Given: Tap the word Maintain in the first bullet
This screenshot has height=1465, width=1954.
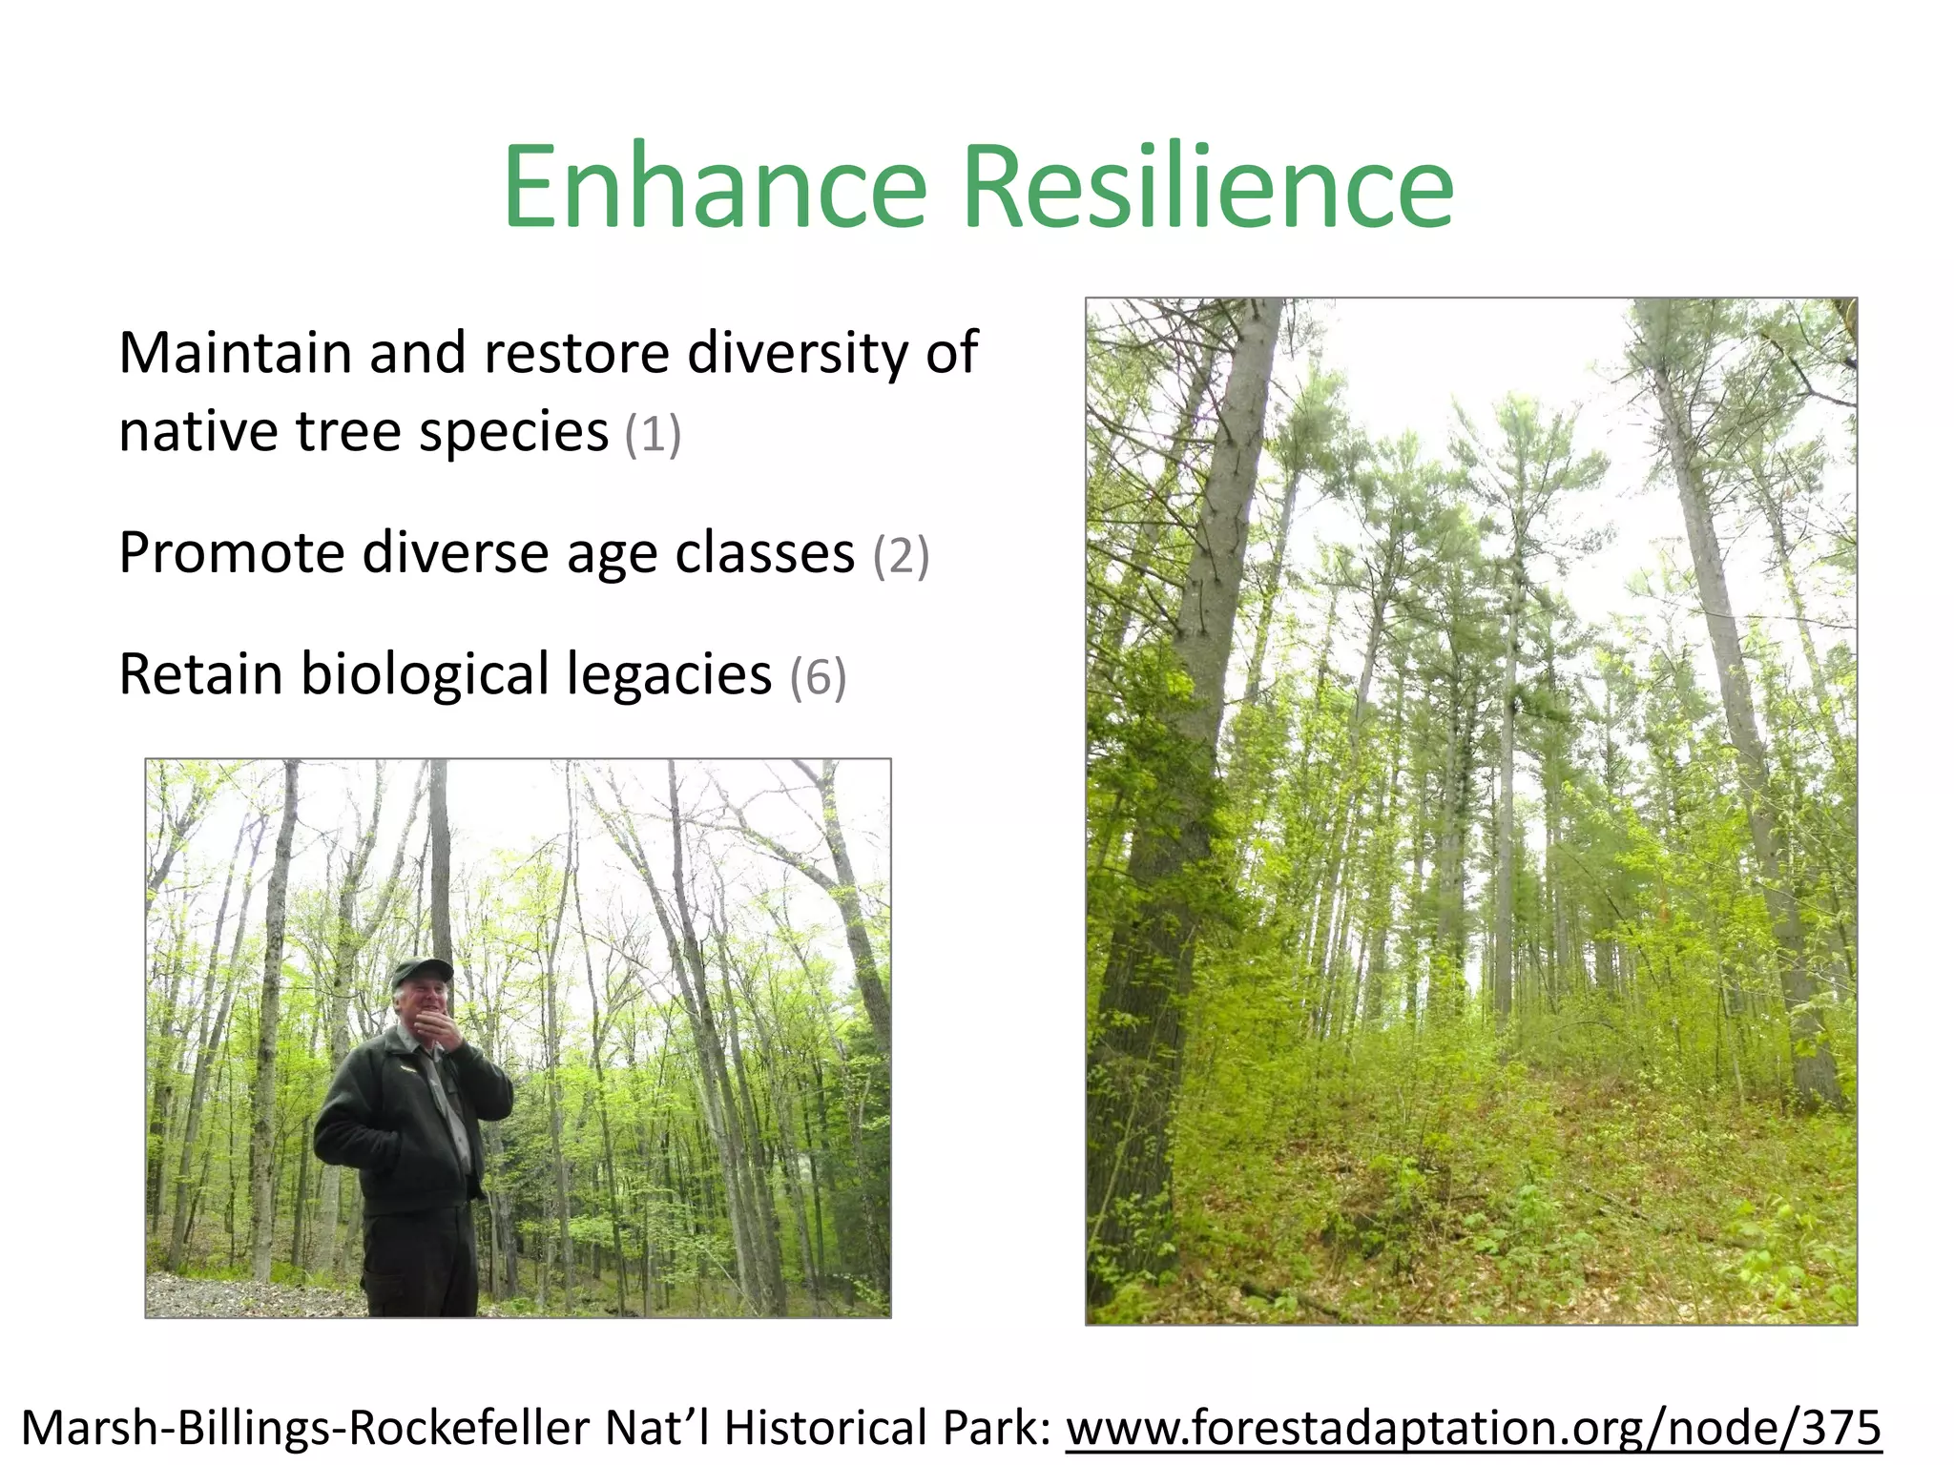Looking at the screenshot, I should pyautogui.click(x=236, y=353).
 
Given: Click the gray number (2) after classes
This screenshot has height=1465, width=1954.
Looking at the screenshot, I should pyautogui.click(x=901, y=555).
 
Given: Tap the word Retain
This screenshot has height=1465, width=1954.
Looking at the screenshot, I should pyautogui.click(x=200, y=674).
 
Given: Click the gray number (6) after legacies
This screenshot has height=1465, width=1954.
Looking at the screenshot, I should pyautogui.click(x=818, y=677).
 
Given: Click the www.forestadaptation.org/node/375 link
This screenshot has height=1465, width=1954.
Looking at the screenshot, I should pyautogui.click(x=1473, y=1429).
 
